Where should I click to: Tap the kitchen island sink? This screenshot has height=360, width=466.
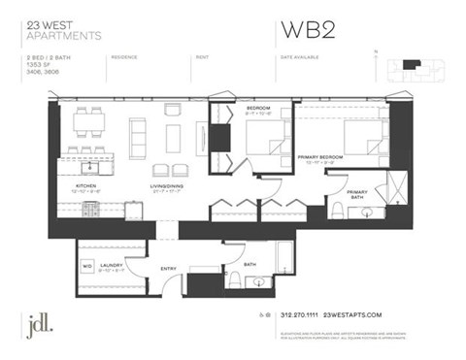pyautogui.click(x=74, y=154)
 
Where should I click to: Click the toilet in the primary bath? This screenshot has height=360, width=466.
pyautogui.click(x=337, y=210)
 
